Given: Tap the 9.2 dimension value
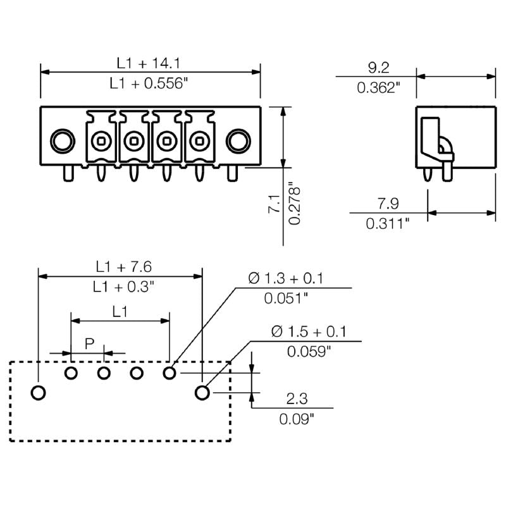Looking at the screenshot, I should [x=378, y=67].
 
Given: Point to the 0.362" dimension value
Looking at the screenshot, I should [x=379, y=87].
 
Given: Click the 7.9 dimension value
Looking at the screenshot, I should [x=388, y=204].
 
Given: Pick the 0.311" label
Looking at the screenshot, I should [x=388, y=223].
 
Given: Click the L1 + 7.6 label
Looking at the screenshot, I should [x=124, y=266].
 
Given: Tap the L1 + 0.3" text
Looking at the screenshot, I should [x=124, y=287].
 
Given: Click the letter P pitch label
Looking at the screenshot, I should [x=90, y=344].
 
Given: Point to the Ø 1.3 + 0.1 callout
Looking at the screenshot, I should [x=286, y=278].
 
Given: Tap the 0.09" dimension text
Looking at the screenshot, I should [x=297, y=418].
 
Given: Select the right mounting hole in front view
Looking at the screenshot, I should [x=237, y=140].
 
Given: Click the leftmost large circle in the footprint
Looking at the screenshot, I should [x=39, y=393].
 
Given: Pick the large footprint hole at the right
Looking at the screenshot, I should [x=202, y=393].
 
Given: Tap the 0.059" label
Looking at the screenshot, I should [x=309, y=351].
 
